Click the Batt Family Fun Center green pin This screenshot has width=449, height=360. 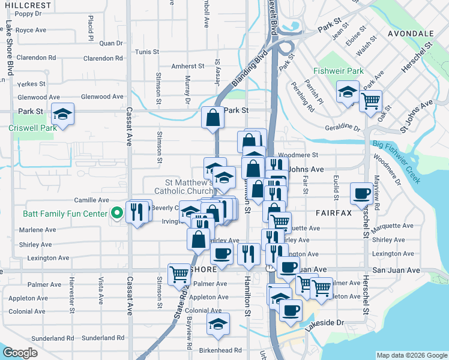tap(116, 212)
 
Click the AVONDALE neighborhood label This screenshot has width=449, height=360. tap(411, 33)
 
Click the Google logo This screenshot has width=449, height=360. tap(20, 353)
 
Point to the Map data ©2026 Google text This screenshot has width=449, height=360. tap(411, 355)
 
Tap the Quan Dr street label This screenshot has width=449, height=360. tap(110, 43)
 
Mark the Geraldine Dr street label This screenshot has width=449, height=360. tap(342, 127)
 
